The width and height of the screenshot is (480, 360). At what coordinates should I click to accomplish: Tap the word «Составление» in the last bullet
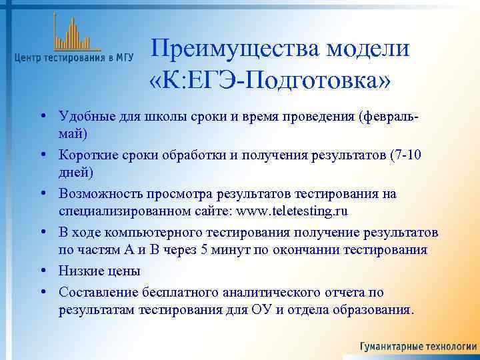95,292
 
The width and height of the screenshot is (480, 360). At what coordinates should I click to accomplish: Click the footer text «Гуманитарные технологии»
418,347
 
